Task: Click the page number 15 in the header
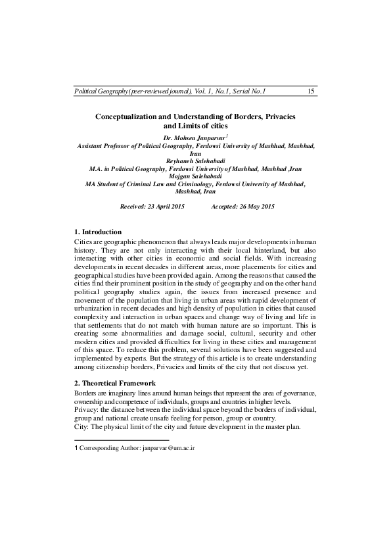tap(311, 91)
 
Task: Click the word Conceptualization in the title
tap(132, 116)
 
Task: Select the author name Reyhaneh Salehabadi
tap(195, 161)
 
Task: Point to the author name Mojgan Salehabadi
tap(195, 177)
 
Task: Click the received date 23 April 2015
tap(160, 206)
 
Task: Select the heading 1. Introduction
tap(98, 232)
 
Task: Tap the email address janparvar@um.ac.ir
tap(169, 447)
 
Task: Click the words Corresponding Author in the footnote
tap(109, 447)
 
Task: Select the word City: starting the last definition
tap(81, 426)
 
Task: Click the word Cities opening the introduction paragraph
tap(83, 242)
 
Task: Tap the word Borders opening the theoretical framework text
tap(87, 393)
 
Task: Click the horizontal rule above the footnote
tap(122, 439)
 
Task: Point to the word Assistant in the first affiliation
tap(94, 145)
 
